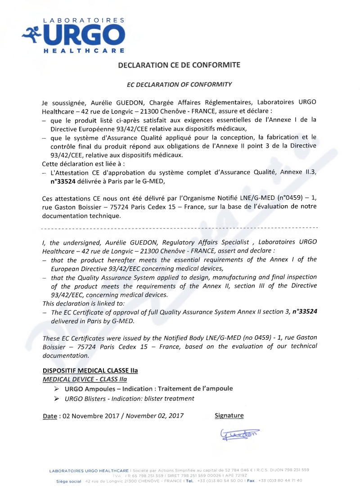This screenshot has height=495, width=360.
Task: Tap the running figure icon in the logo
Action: (x=32, y=33)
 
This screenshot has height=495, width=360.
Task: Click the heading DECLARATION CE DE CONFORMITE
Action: (x=179, y=65)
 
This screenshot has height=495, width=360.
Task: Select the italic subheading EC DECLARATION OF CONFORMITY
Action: (x=179, y=84)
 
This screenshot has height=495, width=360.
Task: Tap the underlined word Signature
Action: (x=229, y=415)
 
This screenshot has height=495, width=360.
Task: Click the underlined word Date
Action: (x=49, y=416)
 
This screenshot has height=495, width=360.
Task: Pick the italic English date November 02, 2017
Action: (x=154, y=416)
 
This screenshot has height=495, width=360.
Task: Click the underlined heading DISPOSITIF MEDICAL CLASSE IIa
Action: (x=90, y=371)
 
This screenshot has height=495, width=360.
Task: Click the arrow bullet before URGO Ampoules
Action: (x=56, y=389)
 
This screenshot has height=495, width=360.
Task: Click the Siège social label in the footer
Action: (x=68, y=480)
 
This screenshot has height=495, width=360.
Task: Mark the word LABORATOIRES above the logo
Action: (x=84, y=21)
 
